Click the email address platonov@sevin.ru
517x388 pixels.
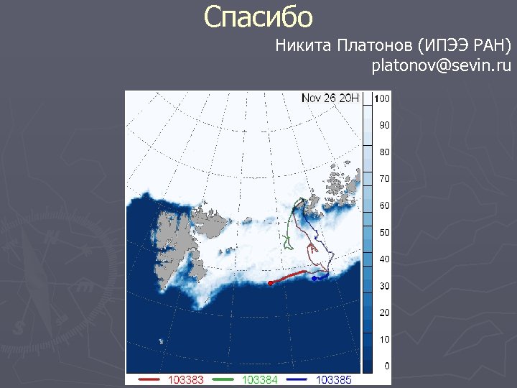click(441, 67)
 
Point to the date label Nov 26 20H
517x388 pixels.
click(330, 98)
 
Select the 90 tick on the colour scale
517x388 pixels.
click(384, 125)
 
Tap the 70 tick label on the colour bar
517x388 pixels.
click(384, 179)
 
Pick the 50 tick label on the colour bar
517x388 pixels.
click(384, 233)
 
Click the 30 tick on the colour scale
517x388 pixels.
click(384, 286)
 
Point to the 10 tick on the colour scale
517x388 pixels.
click(384, 340)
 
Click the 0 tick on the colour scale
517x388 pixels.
click(386, 366)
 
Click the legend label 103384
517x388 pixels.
click(260, 379)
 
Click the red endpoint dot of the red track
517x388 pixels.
click(270, 283)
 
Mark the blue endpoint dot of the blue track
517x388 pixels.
click(315, 277)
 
